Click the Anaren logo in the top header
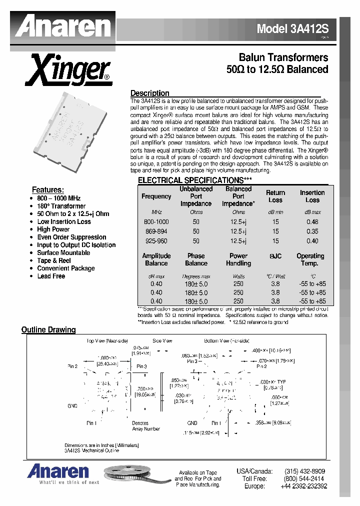(62, 25)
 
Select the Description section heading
(149, 93)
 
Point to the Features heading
(47, 190)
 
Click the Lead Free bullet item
(51, 276)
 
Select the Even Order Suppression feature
(71, 237)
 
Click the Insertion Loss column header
(312, 196)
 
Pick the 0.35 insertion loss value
(312, 231)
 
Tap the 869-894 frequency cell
(156, 231)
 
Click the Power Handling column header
(238, 259)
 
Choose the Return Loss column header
(275, 196)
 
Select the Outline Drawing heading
(48, 329)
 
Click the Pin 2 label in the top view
(72, 366)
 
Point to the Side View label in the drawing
(162, 340)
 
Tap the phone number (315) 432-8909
(304, 471)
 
